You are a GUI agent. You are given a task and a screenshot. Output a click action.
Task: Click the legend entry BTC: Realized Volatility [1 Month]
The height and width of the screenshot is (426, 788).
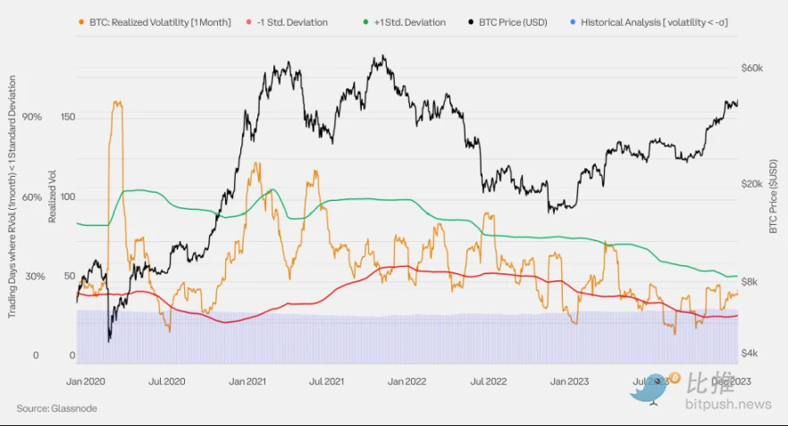pyautogui.click(x=155, y=21)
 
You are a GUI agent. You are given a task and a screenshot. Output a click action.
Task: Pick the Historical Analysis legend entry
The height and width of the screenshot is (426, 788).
pyautogui.click(x=653, y=21)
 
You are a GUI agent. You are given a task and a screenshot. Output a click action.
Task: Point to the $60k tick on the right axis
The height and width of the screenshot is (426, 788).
pyautogui.click(x=751, y=68)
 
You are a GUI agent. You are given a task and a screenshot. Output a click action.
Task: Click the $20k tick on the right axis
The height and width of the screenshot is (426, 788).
pyautogui.click(x=751, y=182)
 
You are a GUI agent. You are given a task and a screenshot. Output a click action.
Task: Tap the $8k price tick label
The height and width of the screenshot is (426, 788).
pyautogui.click(x=750, y=281)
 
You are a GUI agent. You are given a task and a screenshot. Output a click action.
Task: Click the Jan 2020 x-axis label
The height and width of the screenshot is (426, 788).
pyautogui.click(x=87, y=380)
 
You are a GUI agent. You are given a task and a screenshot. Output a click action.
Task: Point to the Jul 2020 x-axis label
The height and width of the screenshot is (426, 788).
pyautogui.click(x=166, y=380)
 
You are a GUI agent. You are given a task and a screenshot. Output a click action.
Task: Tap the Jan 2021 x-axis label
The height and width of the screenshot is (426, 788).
pyautogui.click(x=247, y=380)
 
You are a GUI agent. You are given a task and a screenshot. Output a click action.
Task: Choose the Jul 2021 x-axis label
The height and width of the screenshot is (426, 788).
pyautogui.click(x=327, y=380)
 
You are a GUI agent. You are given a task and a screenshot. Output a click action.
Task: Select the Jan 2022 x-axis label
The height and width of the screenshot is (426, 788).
pyautogui.click(x=408, y=380)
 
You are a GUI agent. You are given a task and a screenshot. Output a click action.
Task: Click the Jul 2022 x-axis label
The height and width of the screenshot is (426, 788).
pyautogui.click(x=488, y=380)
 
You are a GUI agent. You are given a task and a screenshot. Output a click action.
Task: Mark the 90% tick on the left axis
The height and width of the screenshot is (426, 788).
pyautogui.click(x=31, y=117)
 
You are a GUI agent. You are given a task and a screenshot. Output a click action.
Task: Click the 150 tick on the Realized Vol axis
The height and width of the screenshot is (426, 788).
pyautogui.click(x=69, y=117)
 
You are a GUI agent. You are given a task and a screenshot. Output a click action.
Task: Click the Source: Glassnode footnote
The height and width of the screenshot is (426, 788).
pyautogui.click(x=56, y=408)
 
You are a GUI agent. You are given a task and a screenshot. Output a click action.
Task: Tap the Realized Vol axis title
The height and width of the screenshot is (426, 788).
pyautogui.click(x=53, y=199)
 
